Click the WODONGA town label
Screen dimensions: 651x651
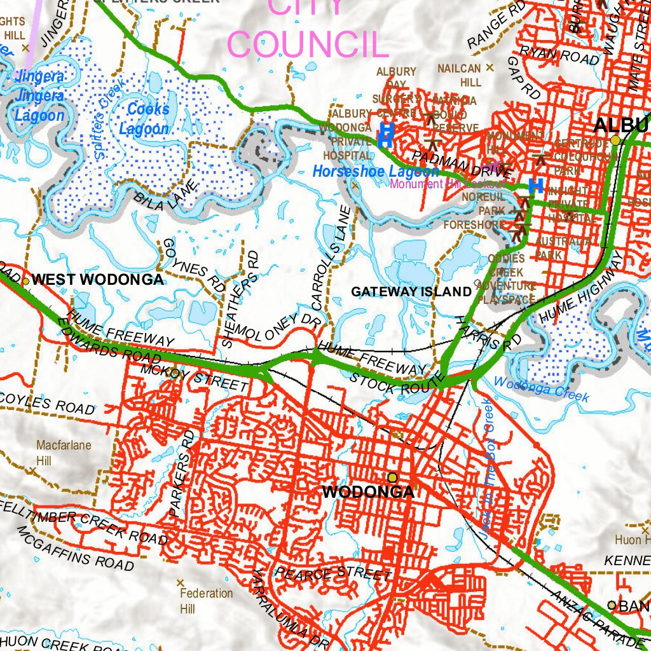(367, 492)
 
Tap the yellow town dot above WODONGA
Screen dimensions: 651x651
(392, 477)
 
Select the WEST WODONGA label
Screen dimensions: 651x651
(97, 280)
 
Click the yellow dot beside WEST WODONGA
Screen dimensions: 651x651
(26, 280)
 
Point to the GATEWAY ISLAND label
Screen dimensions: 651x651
(411, 292)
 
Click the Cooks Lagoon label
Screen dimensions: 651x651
(148, 119)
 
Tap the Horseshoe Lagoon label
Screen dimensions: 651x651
(375, 172)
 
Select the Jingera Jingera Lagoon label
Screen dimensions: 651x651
(39, 96)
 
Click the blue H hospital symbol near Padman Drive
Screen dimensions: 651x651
(536, 186)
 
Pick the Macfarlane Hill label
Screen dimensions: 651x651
(55, 452)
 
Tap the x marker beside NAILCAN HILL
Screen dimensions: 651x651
(490, 67)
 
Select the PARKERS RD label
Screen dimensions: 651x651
(181, 472)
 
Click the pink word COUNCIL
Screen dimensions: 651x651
(308, 44)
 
